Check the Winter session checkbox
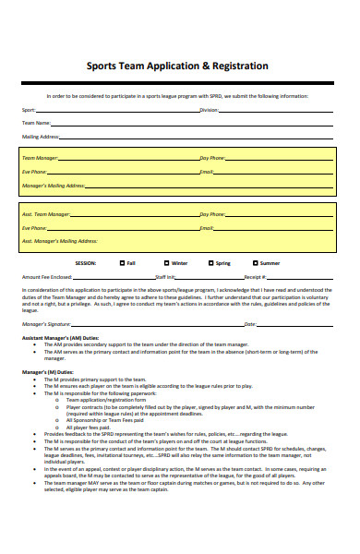pyautogui.click(x=166, y=263)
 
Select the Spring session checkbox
pyautogui.click(x=211, y=263)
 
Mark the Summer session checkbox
pyautogui.click(x=253, y=263)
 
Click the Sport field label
pyautogui.click(x=30, y=109)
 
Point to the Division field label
pyautogui.click(x=209, y=109)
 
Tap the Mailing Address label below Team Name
pyautogui.click(x=41, y=137)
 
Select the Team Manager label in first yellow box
pyautogui.click(x=40, y=158)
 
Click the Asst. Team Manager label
pyautogui.click(x=45, y=213)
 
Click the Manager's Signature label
pyautogui.click(x=46, y=324)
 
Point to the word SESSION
pyautogui.click(x=86, y=263)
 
